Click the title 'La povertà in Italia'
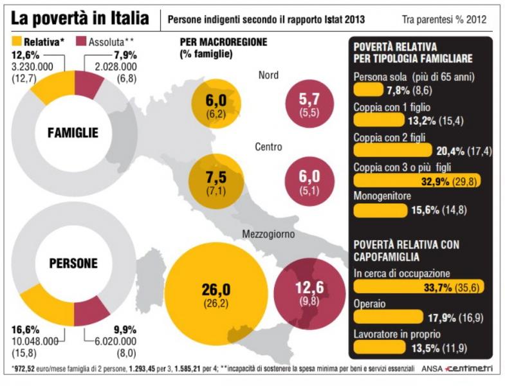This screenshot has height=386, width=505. tap(80, 18)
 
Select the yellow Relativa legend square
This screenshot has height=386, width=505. tap(17, 42)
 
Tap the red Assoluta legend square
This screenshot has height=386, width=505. tap(81, 42)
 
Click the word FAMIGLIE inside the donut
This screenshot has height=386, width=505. tap(73, 133)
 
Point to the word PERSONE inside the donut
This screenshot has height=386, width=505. tap(73, 263)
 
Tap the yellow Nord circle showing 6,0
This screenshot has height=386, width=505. tap(216, 104)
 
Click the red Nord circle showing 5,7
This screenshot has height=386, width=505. tap(309, 104)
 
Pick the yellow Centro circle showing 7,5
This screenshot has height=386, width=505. tap(216, 181)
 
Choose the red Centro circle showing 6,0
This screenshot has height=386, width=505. tap(310, 181)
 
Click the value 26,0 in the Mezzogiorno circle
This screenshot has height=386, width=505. tap(216, 289)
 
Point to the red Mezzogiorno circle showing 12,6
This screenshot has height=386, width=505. tap(309, 293)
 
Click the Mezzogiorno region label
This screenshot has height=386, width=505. tap(268, 234)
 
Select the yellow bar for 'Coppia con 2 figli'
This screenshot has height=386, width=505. tap(392, 151)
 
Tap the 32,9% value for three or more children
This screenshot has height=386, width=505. tap(435, 181)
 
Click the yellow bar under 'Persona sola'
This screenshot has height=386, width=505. tap(369, 89)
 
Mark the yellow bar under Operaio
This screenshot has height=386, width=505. tap(389, 317)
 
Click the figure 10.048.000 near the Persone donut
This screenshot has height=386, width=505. tap(35, 341)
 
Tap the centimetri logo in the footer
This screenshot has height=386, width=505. tap(468, 368)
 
